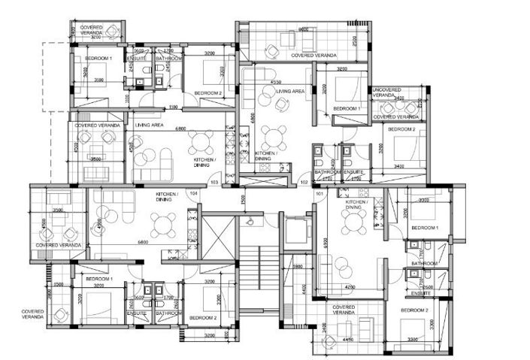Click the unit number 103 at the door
pos(214,183)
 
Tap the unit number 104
pos(194,193)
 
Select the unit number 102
pos(304,182)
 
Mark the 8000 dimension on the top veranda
pos(304,29)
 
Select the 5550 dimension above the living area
pos(276,82)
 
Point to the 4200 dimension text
pos(350,286)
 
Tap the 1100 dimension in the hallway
pos(174,107)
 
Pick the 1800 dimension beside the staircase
pos(297,266)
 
